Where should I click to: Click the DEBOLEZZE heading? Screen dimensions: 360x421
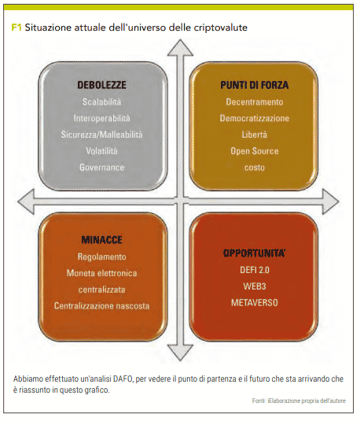pyautogui.click(x=101, y=85)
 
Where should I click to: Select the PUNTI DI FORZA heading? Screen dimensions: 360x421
pyautogui.click(x=255, y=85)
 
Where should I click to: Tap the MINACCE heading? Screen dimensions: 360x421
pyautogui.click(x=101, y=239)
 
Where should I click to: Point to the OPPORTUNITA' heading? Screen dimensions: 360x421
pyautogui.click(x=255, y=253)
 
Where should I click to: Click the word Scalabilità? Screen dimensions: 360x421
pyautogui.click(x=101, y=102)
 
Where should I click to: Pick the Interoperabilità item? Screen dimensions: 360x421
pyautogui.click(x=101, y=118)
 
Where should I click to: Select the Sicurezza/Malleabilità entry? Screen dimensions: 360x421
pyautogui.click(x=101, y=135)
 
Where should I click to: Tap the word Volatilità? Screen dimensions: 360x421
pyautogui.click(x=101, y=151)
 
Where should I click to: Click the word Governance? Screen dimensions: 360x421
pyautogui.click(x=101, y=168)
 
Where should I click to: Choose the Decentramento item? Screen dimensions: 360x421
pyautogui.click(x=255, y=102)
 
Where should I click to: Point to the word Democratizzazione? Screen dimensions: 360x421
pyautogui.click(x=255, y=118)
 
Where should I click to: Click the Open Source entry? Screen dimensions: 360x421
pyautogui.click(x=255, y=151)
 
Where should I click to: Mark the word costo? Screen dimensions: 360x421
pyautogui.click(x=255, y=168)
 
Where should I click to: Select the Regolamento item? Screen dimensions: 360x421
pyautogui.click(x=101, y=257)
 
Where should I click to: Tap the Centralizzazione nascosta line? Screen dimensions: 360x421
pyautogui.click(x=101, y=306)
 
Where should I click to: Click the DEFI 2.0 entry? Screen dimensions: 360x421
pyautogui.click(x=255, y=270)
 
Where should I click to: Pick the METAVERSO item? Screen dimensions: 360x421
pyautogui.click(x=255, y=303)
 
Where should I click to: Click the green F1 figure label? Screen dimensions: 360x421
pyautogui.click(x=16, y=28)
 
